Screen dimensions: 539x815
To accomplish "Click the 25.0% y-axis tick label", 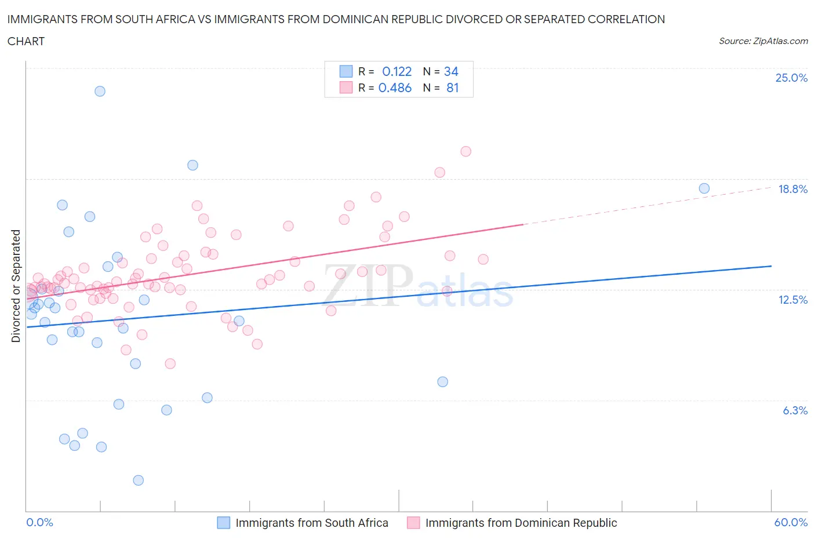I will (x=791, y=78).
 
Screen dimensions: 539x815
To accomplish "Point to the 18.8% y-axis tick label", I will (x=792, y=189).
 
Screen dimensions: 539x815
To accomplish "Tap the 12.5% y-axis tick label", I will (x=792, y=300).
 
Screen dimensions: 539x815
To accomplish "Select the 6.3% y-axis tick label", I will (x=795, y=410).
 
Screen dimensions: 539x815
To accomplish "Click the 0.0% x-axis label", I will (x=39, y=522).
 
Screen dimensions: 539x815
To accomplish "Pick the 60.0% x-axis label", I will (x=791, y=522).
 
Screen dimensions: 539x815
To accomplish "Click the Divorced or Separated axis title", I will (x=16, y=286).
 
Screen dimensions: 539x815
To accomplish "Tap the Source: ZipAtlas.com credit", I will (x=763, y=41).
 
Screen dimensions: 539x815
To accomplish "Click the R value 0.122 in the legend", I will (x=396, y=71).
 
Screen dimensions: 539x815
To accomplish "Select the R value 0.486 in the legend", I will (x=395, y=88).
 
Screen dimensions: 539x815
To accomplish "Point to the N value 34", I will (x=451, y=71).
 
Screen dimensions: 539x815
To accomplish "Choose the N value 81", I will (x=452, y=88).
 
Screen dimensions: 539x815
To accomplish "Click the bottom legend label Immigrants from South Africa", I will (x=311, y=523).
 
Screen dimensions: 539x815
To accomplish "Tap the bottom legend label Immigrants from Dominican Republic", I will (x=521, y=523).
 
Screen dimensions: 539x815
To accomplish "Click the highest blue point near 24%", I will (x=100, y=91).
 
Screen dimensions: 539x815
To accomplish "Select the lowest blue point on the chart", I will (x=138, y=480).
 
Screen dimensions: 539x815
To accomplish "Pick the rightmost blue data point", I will (x=704, y=188).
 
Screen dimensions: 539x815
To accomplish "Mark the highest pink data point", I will (x=465, y=151).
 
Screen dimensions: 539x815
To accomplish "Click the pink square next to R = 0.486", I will (x=346, y=88).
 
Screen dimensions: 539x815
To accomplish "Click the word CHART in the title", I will (x=26, y=41).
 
